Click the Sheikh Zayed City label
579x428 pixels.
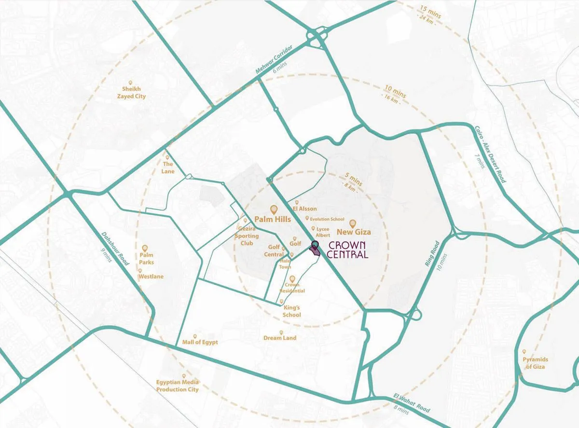134,93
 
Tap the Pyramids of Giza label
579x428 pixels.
535,363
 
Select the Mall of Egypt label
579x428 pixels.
200,342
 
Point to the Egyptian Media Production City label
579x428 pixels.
177,386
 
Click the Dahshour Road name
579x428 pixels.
115,249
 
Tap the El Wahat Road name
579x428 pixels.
412,403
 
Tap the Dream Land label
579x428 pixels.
280,338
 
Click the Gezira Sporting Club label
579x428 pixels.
247,236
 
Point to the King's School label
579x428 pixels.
292,311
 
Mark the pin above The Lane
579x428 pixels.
167,157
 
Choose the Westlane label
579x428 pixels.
151,276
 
